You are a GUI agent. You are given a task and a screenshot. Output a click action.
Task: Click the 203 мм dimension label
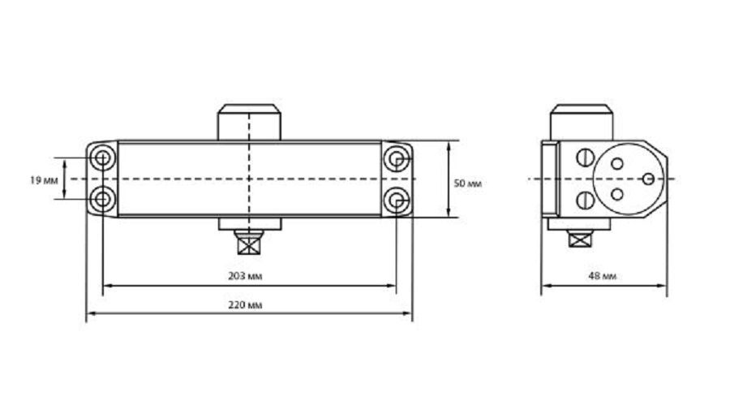245,276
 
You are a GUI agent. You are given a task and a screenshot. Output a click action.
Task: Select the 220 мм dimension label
245,305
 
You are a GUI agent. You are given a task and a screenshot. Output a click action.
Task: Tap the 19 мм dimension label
44,180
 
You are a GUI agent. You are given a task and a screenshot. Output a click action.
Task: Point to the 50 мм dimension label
467,183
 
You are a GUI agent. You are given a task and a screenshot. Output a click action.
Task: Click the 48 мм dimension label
602,276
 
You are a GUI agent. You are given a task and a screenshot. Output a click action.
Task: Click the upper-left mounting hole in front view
102,158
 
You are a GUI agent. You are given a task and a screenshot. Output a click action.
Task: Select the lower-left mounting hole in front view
102,200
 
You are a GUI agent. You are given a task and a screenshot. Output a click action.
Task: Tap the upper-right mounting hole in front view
396,159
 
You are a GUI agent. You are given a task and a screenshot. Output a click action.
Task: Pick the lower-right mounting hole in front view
396,201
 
